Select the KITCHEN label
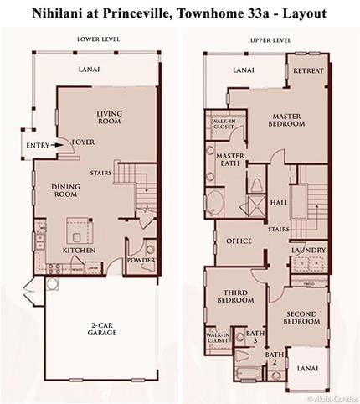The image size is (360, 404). (x=79, y=250)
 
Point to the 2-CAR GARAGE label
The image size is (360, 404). (x=104, y=329)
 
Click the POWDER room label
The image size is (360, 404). (x=141, y=259)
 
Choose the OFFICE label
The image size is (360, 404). (x=239, y=241)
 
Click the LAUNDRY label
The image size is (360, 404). (x=308, y=250)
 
